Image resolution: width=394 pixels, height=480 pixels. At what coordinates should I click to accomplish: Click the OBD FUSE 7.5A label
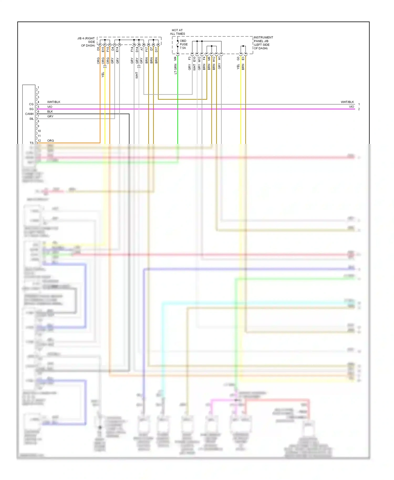tap(183, 44)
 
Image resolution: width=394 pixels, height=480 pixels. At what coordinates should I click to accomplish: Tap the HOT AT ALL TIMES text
tap(177, 32)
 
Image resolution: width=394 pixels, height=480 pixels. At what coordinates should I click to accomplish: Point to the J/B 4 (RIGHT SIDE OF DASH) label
tap(86, 42)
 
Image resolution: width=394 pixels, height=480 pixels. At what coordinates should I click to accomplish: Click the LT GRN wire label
tap(175, 69)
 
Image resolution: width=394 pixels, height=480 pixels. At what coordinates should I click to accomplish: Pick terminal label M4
tap(175, 59)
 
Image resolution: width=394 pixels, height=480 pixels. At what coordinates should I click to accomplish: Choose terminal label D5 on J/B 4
tap(98, 49)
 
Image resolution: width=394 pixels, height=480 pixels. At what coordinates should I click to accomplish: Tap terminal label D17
tap(157, 49)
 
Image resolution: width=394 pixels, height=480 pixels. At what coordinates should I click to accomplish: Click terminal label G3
tap(238, 59)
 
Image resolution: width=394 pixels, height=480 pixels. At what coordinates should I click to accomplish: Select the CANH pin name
tap(29, 114)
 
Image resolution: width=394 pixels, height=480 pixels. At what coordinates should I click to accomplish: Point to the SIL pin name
tap(31, 119)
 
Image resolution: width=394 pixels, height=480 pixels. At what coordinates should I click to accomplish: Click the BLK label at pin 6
tap(50, 112)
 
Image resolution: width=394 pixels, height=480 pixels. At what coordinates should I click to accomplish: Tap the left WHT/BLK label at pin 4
tap(54, 102)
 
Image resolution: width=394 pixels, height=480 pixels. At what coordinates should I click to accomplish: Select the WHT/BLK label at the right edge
tap(347, 102)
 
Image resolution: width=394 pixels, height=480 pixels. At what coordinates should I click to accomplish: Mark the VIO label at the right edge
tap(351, 107)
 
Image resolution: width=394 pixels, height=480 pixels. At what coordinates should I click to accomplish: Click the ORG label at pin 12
tap(50, 141)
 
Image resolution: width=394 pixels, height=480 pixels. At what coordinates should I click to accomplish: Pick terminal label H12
tap(214, 59)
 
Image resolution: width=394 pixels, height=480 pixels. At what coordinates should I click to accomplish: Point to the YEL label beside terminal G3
tap(238, 67)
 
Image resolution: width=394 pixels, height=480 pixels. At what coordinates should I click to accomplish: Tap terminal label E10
tap(194, 59)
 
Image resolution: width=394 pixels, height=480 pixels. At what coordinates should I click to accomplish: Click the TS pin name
tap(32, 143)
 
